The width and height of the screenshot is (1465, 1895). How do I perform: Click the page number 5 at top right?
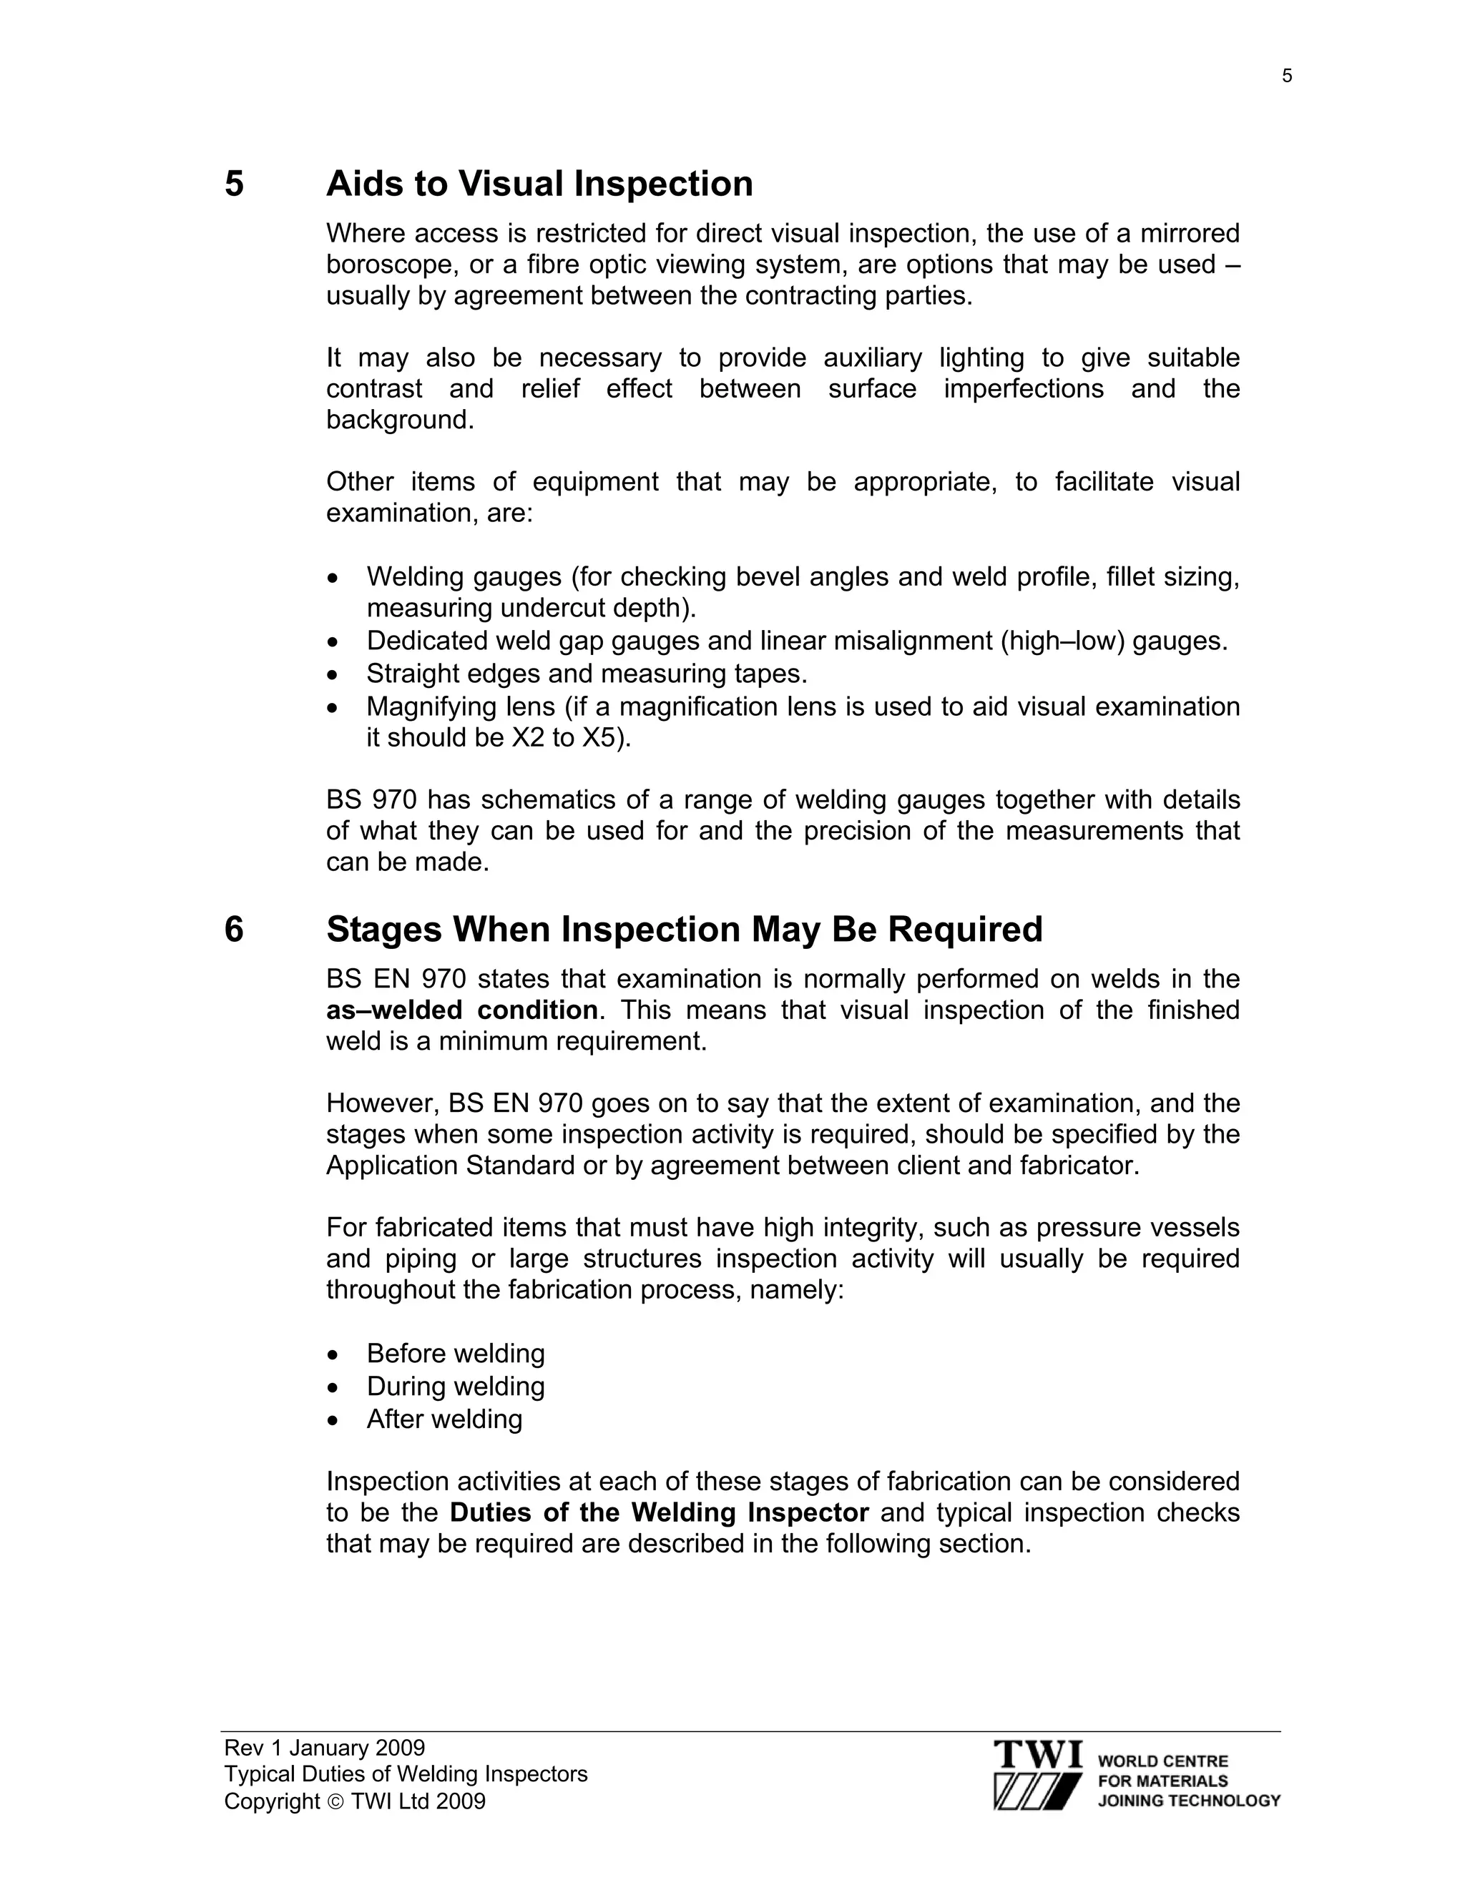click(1286, 77)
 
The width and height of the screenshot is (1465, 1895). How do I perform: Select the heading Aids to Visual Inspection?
click(539, 184)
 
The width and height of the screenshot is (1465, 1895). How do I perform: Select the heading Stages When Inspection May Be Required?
click(684, 930)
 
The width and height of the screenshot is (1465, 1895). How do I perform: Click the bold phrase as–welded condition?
click(461, 1010)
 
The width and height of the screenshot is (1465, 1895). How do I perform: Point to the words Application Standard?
click(449, 1166)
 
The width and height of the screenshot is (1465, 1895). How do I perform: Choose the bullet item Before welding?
click(456, 1354)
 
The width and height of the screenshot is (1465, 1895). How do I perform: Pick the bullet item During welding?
click(456, 1386)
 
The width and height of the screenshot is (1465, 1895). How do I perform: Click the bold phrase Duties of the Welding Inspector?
click(659, 1512)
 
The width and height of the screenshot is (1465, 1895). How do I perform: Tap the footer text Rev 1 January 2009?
click(325, 1748)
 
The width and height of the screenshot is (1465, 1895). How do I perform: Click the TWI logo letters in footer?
click(1037, 1754)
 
